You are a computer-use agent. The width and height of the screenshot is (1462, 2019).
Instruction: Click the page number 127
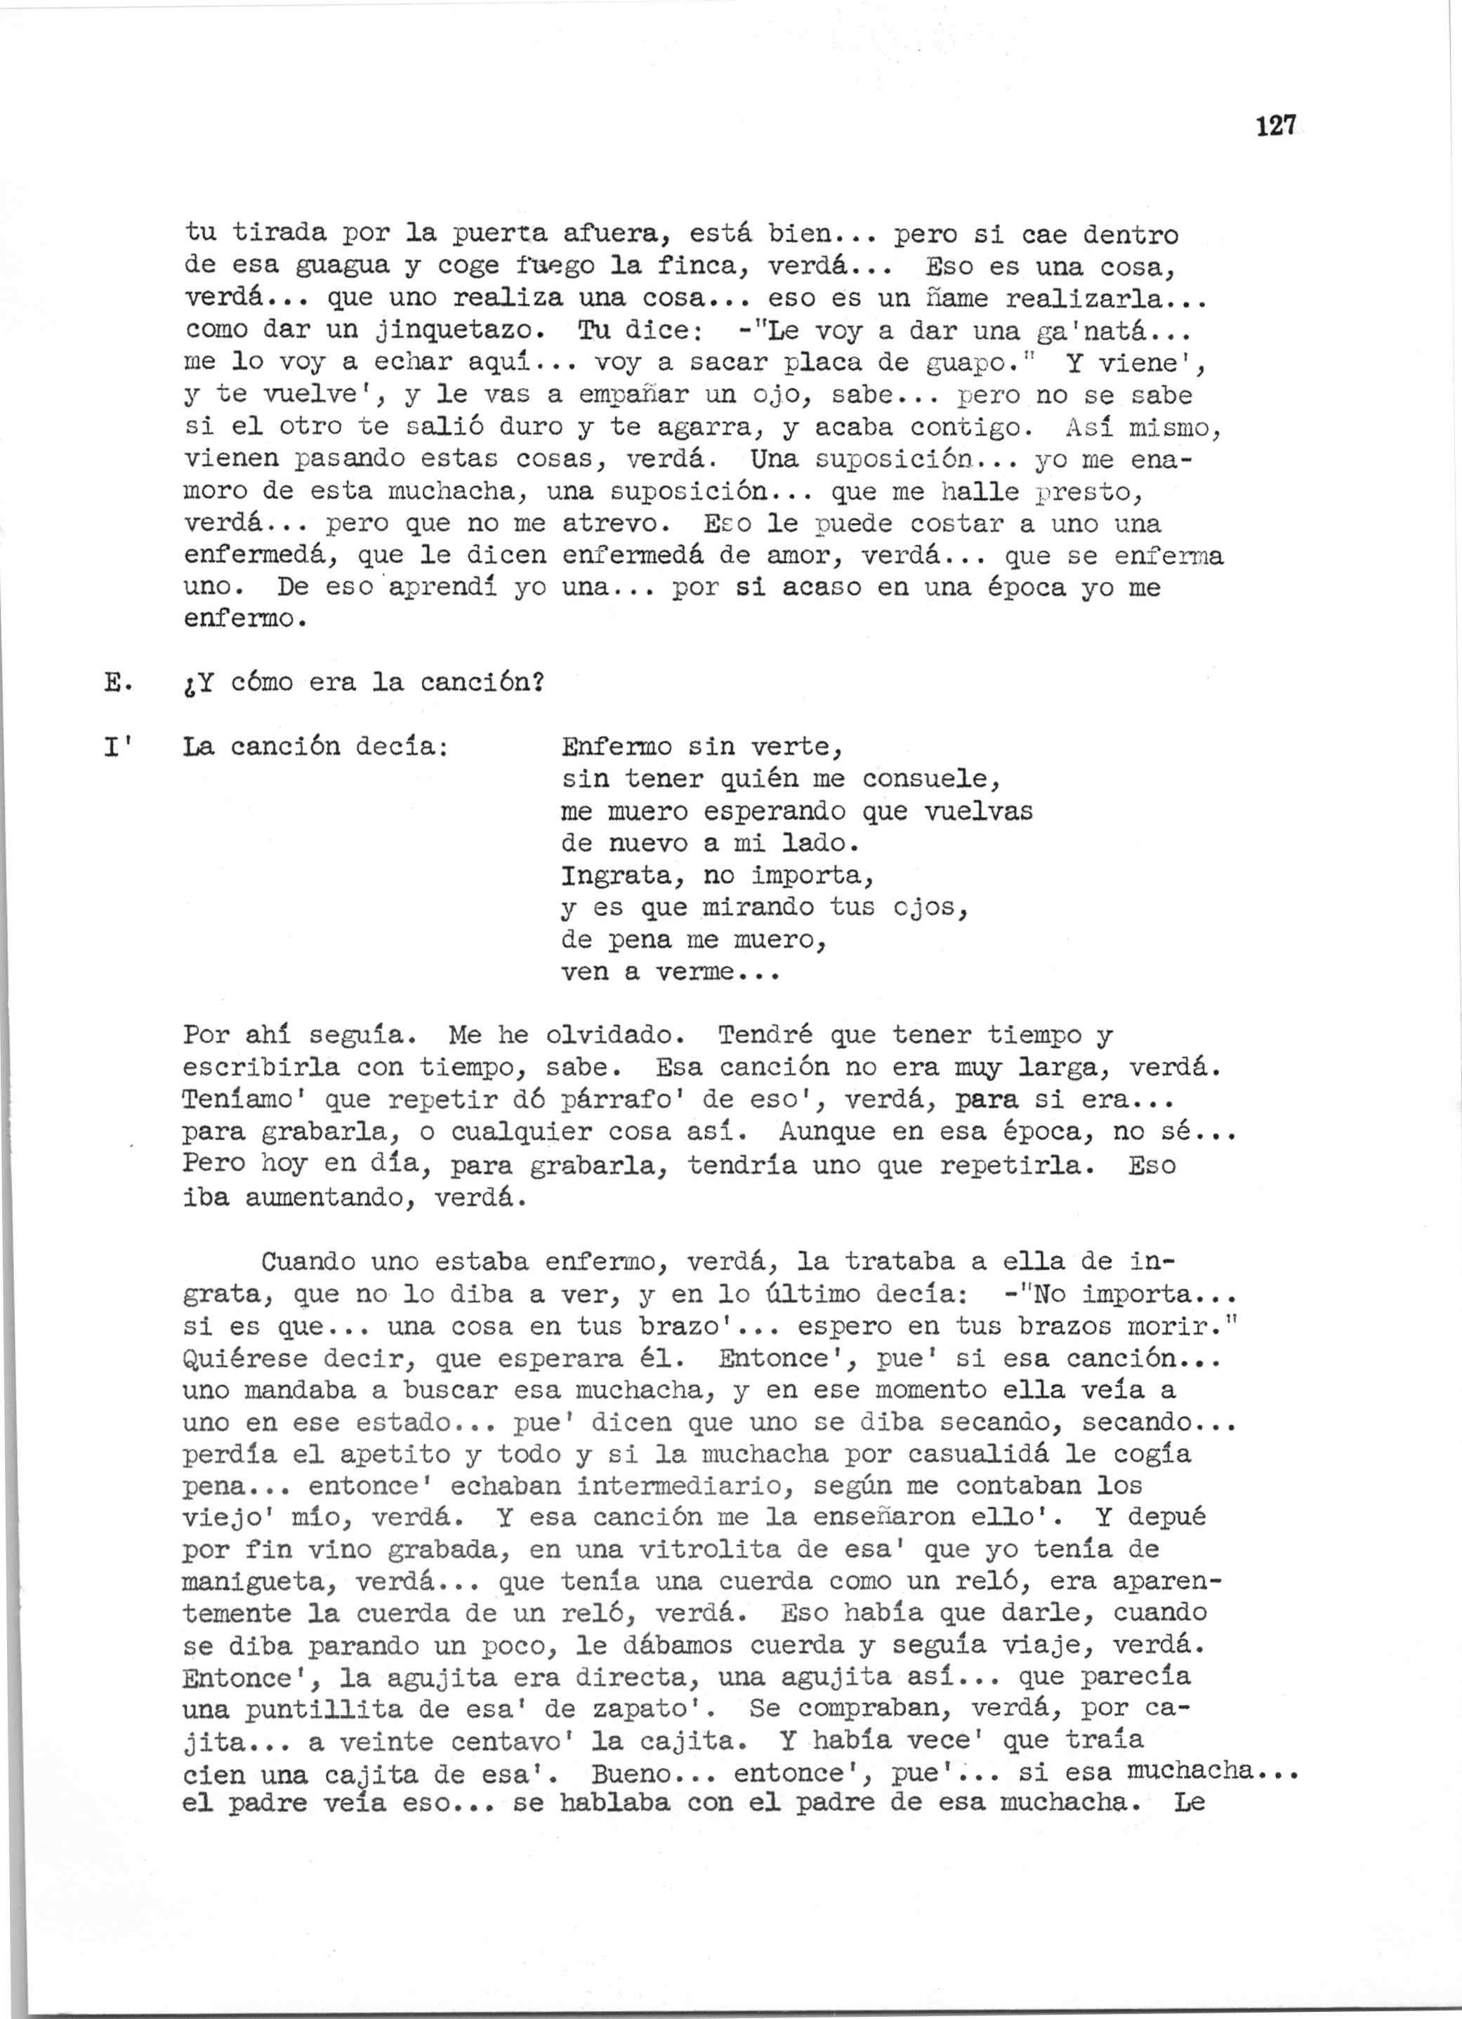point(1276,127)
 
